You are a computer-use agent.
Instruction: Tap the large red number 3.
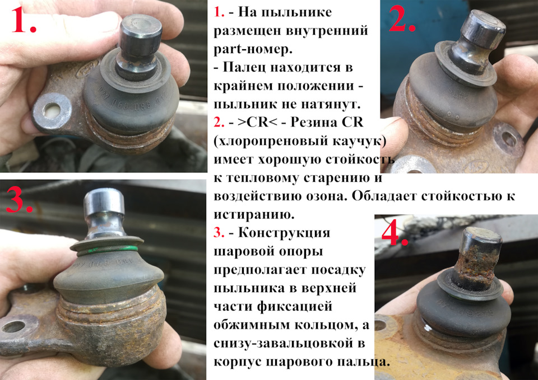click(x=19, y=200)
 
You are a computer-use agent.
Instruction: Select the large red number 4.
click(x=395, y=232)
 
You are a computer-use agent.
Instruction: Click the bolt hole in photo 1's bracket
click(x=52, y=110)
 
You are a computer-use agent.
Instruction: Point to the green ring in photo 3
click(x=107, y=250)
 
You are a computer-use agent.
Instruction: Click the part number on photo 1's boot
click(x=131, y=102)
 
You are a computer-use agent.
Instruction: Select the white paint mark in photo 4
click(x=427, y=328)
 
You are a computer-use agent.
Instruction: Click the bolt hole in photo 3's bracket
click(x=13, y=326)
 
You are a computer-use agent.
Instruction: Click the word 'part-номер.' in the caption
click(x=253, y=50)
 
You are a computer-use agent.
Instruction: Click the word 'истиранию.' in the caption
click(x=254, y=215)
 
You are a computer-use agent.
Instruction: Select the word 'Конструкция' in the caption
click(x=284, y=233)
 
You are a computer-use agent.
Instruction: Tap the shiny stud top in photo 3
click(x=104, y=200)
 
